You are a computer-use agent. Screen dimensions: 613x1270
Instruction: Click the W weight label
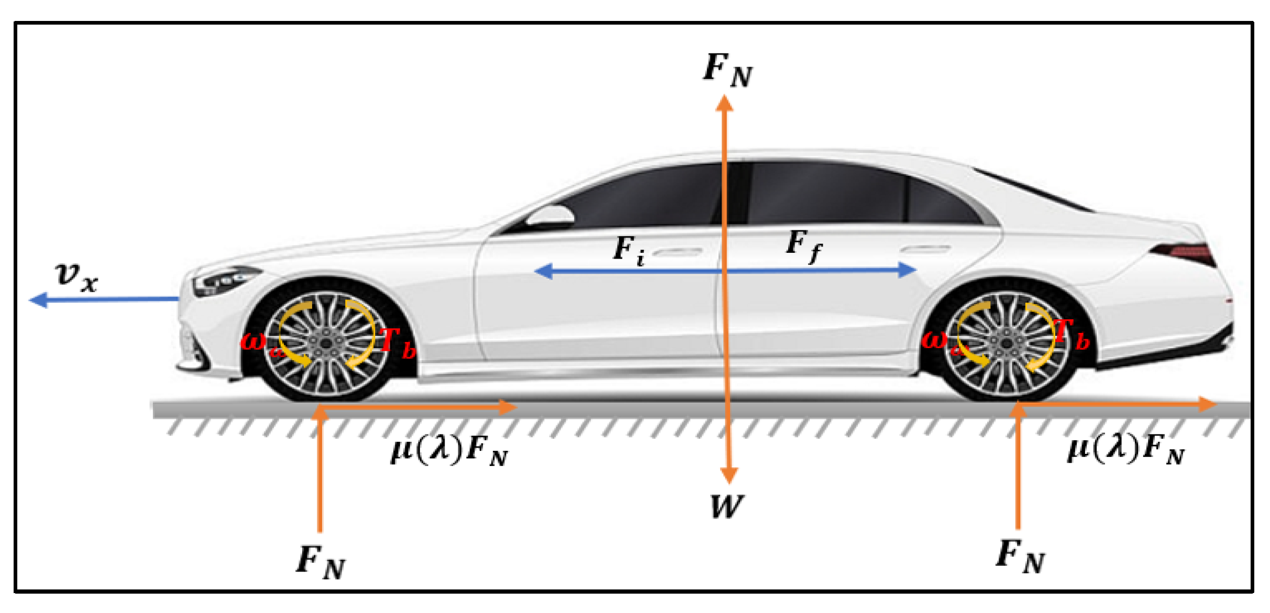click(x=726, y=507)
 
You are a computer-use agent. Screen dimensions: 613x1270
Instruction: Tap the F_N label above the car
click(x=727, y=71)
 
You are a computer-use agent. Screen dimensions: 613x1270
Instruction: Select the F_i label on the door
click(x=628, y=250)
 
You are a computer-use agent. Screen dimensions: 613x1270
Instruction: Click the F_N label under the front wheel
click(x=321, y=562)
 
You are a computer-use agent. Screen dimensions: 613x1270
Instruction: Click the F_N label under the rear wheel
click(x=1020, y=556)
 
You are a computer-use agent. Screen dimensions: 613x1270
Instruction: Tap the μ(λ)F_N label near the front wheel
click(x=449, y=450)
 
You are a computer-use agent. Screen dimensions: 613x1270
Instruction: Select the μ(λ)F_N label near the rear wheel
click(x=1125, y=450)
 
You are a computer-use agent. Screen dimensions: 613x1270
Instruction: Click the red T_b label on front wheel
click(x=397, y=343)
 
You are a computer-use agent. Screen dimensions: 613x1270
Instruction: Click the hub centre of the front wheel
click(x=325, y=343)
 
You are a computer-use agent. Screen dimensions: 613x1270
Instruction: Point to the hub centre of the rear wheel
click(x=1006, y=343)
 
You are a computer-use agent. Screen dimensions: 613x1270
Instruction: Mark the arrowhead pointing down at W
click(x=728, y=475)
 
